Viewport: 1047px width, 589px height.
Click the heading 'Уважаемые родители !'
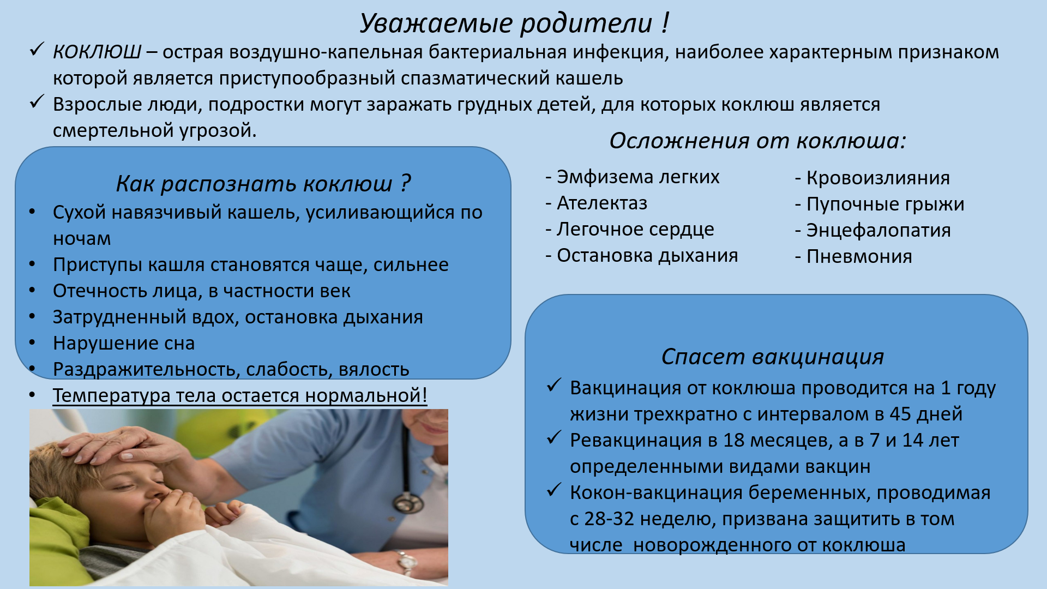(x=514, y=23)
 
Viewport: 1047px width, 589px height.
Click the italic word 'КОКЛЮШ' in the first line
(x=97, y=52)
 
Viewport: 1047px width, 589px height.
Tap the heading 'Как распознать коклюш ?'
(x=263, y=184)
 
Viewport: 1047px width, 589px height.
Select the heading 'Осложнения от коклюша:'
(x=757, y=141)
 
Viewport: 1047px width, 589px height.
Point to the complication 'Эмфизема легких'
(x=638, y=177)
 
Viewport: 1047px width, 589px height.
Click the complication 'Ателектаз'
(x=602, y=203)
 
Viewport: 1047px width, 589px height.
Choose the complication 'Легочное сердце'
(x=635, y=230)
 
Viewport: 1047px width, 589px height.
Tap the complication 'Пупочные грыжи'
(x=885, y=205)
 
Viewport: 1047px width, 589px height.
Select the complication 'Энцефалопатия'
(x=878, y=231)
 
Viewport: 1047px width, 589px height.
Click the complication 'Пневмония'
(x=859, y=256)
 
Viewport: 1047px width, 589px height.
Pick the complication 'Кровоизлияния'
(x=878, y=178)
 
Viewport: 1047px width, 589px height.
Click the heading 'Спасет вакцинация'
(x=773, y=357)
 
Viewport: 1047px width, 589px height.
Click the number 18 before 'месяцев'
(x=733, y=440)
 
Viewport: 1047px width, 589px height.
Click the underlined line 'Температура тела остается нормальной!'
(x=240, y=395)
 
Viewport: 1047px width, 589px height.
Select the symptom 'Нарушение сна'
(x=124, y=343)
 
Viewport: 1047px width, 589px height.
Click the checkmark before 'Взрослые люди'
(x=37, y=101)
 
